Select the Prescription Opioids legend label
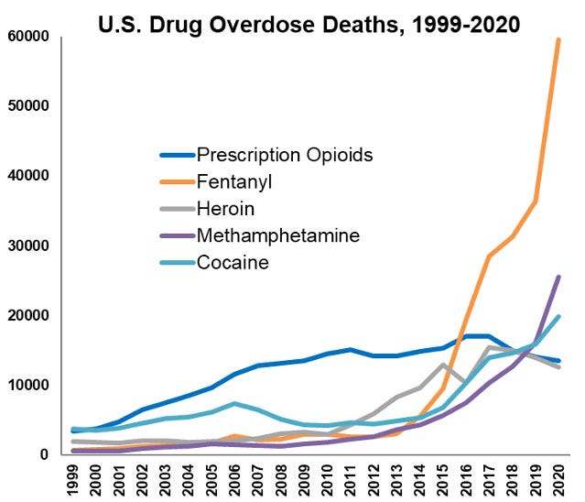[x=285, y=154]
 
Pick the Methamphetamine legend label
[x=278, y=235]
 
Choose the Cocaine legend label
[x=233, y=263]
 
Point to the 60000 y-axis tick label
[x=29, y=37]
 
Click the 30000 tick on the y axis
[x=29, y=246]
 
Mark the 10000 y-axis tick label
[x=29, y=385]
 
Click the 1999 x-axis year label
[x=74, y=479]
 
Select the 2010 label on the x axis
[x=328, y=479]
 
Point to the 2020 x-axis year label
[x=558, y=479]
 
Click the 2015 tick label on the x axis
[x=443, y=479]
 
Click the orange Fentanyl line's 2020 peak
[x=558, y=40]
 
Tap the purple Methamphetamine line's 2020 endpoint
[x=558, y=277]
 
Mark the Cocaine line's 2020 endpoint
[x=558, y=316]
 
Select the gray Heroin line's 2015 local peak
[x=443, y=365]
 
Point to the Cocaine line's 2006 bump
[x=235, y=404]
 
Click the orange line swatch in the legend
[x=176, y=181]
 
